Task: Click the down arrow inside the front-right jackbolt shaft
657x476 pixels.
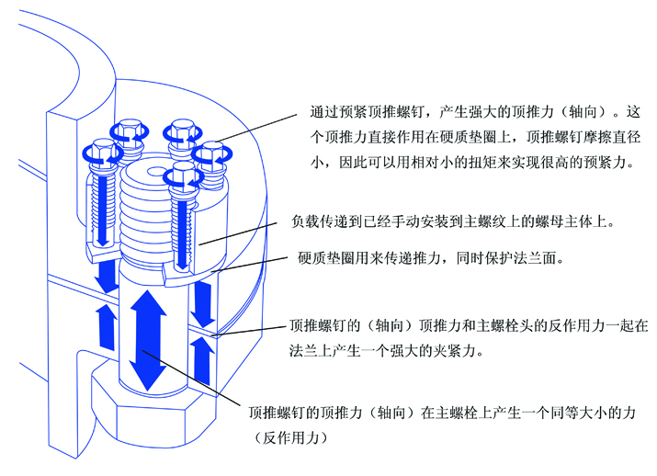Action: coord(183,234)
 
